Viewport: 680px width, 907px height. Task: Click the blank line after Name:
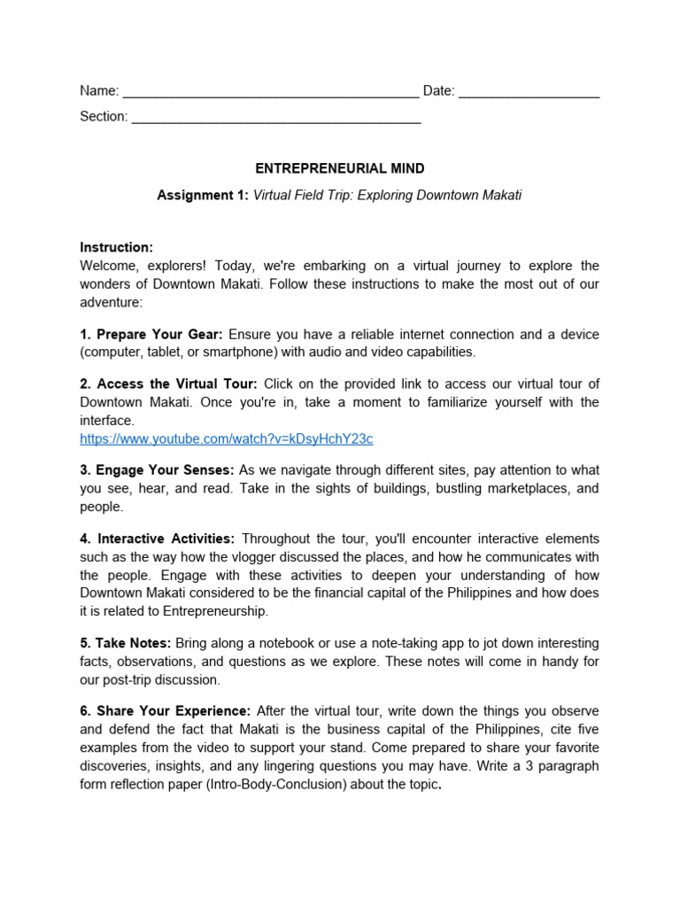270,92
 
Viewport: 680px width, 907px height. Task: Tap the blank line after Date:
529,92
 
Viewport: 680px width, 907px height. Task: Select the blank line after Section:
276,118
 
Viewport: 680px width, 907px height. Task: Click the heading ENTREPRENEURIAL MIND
340,168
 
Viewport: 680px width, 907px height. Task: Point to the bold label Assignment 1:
203,195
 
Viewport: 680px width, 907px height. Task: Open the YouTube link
226,438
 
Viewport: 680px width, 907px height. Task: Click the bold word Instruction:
116,247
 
